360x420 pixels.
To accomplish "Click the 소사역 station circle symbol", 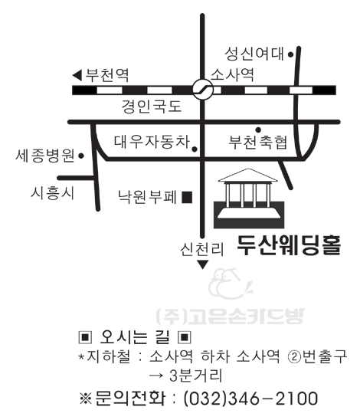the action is click(203, 89).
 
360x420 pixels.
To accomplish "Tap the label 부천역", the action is click(107, 75).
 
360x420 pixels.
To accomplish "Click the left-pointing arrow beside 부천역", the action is click(77, 75).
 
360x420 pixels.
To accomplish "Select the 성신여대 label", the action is click(254, 54).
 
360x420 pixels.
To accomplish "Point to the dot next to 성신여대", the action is click(290, 54).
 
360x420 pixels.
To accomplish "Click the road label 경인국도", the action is click(152, 107).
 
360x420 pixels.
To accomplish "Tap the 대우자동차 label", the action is click(152, 142).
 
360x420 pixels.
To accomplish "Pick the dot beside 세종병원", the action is click(81, 156).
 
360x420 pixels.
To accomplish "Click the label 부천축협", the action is click(258, 142).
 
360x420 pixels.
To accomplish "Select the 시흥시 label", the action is click(52, 193).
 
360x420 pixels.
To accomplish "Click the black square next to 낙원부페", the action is click(187, 198).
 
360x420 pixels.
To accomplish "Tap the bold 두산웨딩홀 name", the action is click(289, 245).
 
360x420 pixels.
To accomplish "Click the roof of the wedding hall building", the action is click(248, 176).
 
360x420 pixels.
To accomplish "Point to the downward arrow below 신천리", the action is click(203, 264).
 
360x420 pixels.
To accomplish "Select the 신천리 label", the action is click(201, 249).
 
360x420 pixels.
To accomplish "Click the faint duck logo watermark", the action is click(230, 284).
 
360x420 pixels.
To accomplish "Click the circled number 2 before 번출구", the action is click(294, 357).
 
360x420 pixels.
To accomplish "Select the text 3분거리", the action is click(195, 376).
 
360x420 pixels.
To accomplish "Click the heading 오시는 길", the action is click(135, 337).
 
